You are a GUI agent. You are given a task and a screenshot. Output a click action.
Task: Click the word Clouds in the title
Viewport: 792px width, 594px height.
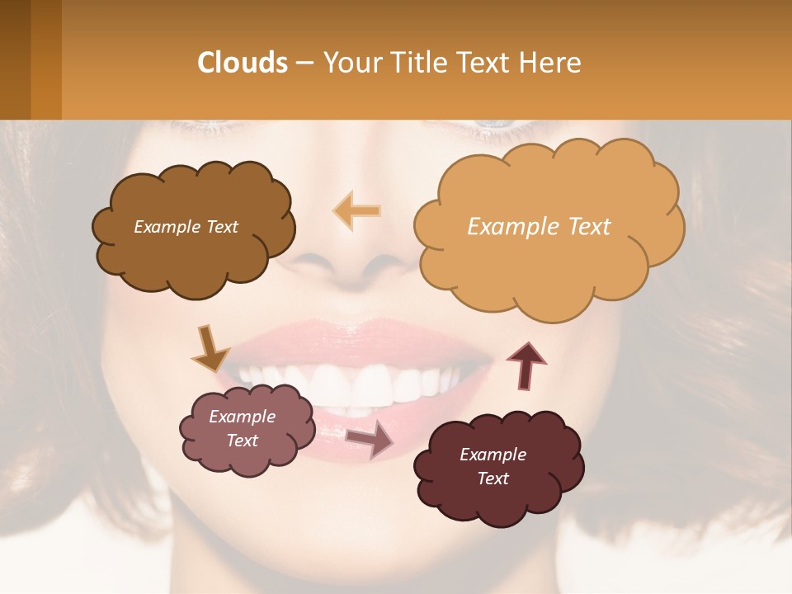(242, 63)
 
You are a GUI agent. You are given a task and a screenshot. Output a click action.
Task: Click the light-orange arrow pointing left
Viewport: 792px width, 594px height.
(357, 210)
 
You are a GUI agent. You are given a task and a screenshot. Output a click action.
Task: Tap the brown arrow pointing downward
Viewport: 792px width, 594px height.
(210, 349)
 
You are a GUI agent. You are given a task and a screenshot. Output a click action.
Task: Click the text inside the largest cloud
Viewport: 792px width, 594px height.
(539, 227)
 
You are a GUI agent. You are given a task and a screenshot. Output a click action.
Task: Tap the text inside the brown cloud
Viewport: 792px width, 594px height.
(186, 227)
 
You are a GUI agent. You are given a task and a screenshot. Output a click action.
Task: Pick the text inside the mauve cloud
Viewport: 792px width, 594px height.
(243, 428)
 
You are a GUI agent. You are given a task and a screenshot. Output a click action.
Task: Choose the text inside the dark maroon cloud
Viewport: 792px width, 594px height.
(493, 466)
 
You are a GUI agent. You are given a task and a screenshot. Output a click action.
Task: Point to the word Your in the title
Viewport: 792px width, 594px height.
(351, 63)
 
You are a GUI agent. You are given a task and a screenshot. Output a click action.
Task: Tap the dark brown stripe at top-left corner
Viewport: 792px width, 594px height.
(15, 59)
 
